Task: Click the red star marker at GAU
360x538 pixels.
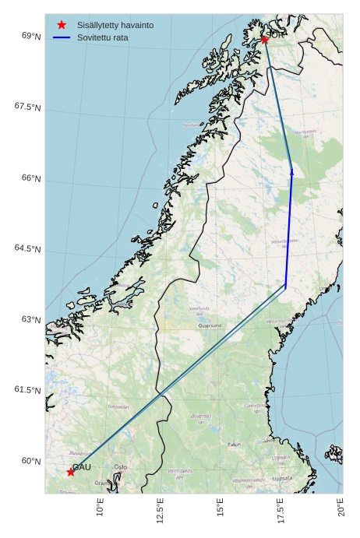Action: click(x=71, y=472)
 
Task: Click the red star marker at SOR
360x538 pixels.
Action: click(x=265, y=39)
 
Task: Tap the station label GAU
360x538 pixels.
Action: click(x=82, y=467)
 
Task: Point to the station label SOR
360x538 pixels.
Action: click(x=277, y=34)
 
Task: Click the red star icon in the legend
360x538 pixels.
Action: click(x=62, y=25)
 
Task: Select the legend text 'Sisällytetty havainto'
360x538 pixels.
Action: click(x=115, y=25)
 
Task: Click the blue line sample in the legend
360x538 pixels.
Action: click(x=62, y=37)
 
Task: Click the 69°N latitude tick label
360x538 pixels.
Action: click(x=31, y=36)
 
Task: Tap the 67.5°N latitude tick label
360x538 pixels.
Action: click(x=27, y=107)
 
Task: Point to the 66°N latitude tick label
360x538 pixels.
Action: click(x=31, y=178)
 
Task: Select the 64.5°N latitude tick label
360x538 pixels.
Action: click(x=27, y=248)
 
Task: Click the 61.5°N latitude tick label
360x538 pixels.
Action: click(x=27, y=390)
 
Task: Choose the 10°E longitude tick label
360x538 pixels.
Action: click(x=100, y=509)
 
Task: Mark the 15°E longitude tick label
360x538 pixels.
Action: click(x=221, y=509)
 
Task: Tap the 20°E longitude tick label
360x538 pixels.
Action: click(x=341, y=509)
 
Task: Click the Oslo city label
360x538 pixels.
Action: click(x=121, y=467)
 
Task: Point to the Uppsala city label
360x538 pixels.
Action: click(x=281, y=479)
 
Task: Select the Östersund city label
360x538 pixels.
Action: click(x=210, y=325)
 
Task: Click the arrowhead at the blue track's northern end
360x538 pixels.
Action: click(x=291, y=171)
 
